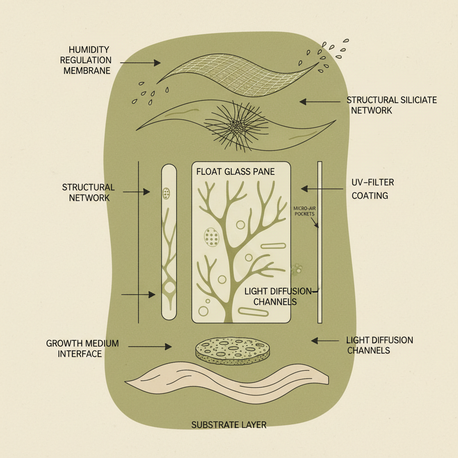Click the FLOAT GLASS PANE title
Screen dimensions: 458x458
(235, 172)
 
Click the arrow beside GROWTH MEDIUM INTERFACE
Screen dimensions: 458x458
(150, 346)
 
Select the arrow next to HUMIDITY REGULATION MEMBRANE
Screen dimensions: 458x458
(140, 63)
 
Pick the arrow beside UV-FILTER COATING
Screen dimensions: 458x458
(322, 188)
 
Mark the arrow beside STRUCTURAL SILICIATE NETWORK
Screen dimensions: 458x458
(319, 102)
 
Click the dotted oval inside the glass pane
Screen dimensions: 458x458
(212, 237)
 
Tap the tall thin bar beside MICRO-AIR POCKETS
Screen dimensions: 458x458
(319, 242)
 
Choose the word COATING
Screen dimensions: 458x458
(369, 196)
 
